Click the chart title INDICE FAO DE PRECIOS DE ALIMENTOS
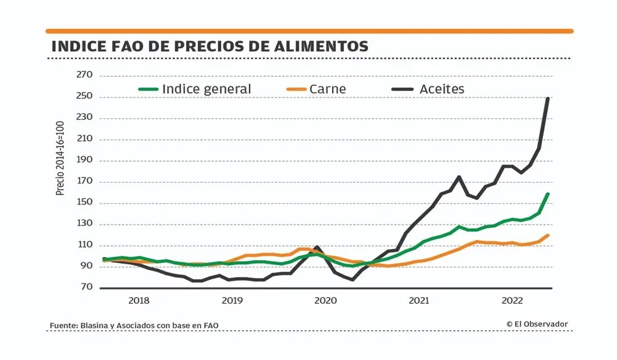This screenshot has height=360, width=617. [209, 46]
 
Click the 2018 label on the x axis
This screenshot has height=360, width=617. [139, 300]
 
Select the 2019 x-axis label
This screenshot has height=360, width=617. [232, 300]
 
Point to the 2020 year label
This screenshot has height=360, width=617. [325, 300]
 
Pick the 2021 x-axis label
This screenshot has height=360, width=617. [419, 300]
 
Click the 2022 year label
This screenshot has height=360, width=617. [512, 300]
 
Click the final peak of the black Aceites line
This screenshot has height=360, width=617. [547, 98]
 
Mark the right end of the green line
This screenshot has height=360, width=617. [548, 194]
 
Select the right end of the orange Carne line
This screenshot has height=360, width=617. [548, 235]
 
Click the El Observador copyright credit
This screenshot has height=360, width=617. [537, 324]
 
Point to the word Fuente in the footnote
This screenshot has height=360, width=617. [63, 326]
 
